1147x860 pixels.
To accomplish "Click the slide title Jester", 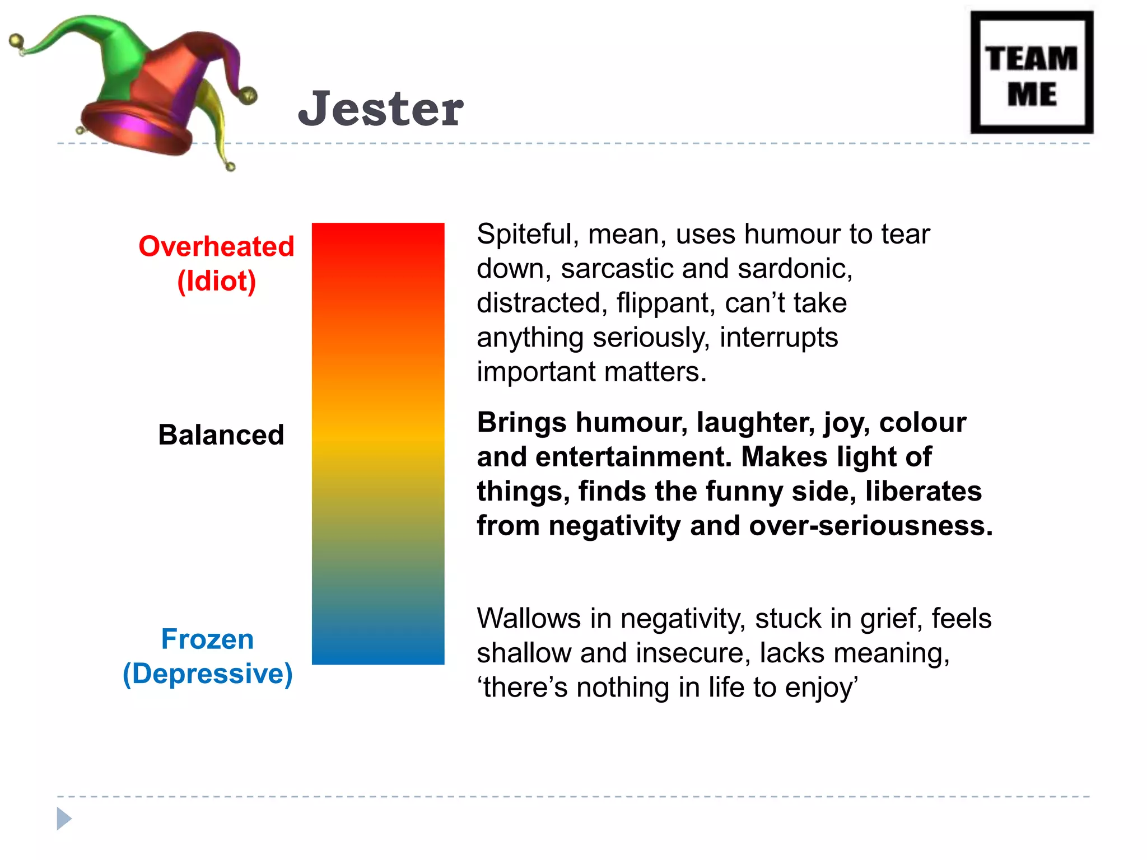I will pos(381,109).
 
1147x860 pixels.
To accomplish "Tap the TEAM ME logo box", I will pos(1032,73).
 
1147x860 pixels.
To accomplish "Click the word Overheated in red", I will pos(216,246).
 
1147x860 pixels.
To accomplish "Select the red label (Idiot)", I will pos(216,281).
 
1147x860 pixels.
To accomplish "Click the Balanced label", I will pos(221,435).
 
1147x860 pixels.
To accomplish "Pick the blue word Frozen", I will pos(207,639).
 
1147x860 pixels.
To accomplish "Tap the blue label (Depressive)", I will pos(207,674).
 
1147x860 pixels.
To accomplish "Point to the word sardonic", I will pos(795,269).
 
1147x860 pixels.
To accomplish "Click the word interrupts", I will pos(778,338).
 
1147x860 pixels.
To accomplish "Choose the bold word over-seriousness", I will pos(870,526).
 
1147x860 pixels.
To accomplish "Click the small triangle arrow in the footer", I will pos(64,819).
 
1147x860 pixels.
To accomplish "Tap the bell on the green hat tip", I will pos(17,42).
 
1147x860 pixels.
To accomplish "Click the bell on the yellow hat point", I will pos(230,166).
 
